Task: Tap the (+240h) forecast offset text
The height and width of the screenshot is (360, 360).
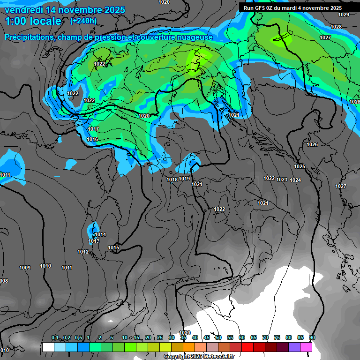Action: (x=83, y=21)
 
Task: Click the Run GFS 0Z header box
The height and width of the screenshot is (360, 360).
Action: (x=292, y=8)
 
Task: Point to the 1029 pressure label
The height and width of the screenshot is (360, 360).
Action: (x=344, y=15)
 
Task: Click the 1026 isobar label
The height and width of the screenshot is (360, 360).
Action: (x=312, y=144)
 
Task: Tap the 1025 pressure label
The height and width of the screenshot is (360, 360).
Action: (x=300, y=166)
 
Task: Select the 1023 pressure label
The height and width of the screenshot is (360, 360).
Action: (x=282, y=180)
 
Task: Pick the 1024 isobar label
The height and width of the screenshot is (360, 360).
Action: (x=295, y=180)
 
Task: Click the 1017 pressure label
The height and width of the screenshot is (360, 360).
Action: (x=93, y=129)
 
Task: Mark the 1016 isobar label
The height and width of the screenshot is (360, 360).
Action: (x=92, y=139)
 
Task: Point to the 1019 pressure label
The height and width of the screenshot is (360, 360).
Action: (x=184, y=179)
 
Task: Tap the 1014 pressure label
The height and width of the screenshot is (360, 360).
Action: (x=100, y=234)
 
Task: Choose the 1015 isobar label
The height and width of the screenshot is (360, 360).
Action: (x=113, y=247)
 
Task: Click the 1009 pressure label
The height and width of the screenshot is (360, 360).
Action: (x=25, y=268)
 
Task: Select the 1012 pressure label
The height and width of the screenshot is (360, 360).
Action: (x=83, y=252)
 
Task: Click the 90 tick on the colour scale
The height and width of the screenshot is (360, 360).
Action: (x=312, y=337)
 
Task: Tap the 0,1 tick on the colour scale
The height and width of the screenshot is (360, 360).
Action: (x=55, y=337)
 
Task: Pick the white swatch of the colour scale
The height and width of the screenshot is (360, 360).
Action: (x=48, y=347)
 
